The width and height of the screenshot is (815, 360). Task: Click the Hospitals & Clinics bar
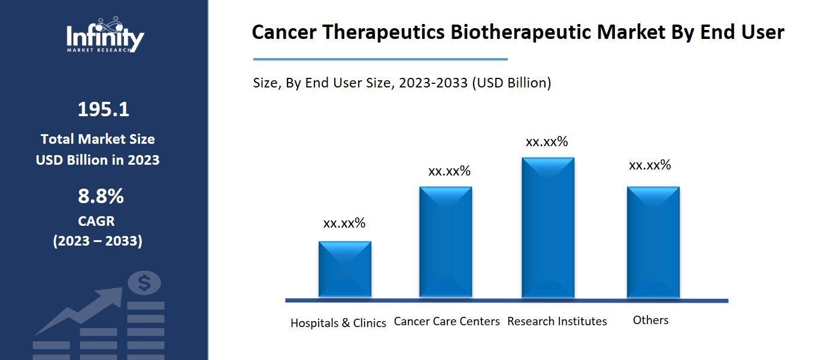(344, 269)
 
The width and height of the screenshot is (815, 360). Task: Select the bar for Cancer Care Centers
(446, 242)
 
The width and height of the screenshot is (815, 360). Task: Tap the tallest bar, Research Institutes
(548, 228)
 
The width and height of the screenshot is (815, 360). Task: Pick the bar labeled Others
(653, 242)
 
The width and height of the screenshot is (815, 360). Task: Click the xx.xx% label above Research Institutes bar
(547, 142)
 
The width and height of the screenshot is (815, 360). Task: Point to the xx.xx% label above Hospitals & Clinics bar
(344, 223)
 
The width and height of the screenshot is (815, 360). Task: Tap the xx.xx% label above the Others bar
(650, 165)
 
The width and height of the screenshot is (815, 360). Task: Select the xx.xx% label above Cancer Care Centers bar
(449, 171)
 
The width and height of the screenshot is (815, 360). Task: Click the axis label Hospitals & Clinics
(338, 323)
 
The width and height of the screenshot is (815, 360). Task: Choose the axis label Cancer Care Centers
(447, 321)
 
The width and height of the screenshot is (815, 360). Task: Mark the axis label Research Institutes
(557, 321)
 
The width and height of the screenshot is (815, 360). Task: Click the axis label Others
(650, 320)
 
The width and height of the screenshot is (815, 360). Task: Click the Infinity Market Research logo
(105, 36)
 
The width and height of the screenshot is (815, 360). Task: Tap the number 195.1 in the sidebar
(103, 110)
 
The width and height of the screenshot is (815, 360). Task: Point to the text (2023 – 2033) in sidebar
(98, 241)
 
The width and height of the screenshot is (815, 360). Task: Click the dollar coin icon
(144, 283)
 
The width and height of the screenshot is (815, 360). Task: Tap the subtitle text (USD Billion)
(511, 83)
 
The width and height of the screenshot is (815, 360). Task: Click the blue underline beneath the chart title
(380, 59)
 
